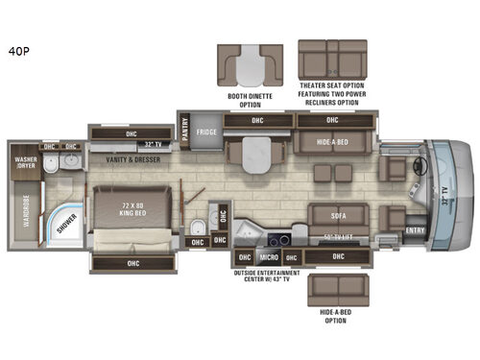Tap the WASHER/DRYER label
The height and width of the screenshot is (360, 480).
(x=24, y=160)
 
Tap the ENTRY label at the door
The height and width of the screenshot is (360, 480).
(x=415, y=230)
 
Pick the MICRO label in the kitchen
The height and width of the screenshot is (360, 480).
(x=269, y=257)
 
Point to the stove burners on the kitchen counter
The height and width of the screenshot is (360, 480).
(x=279, y=236)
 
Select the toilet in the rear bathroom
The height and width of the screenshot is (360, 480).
(x=198, y=228)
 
